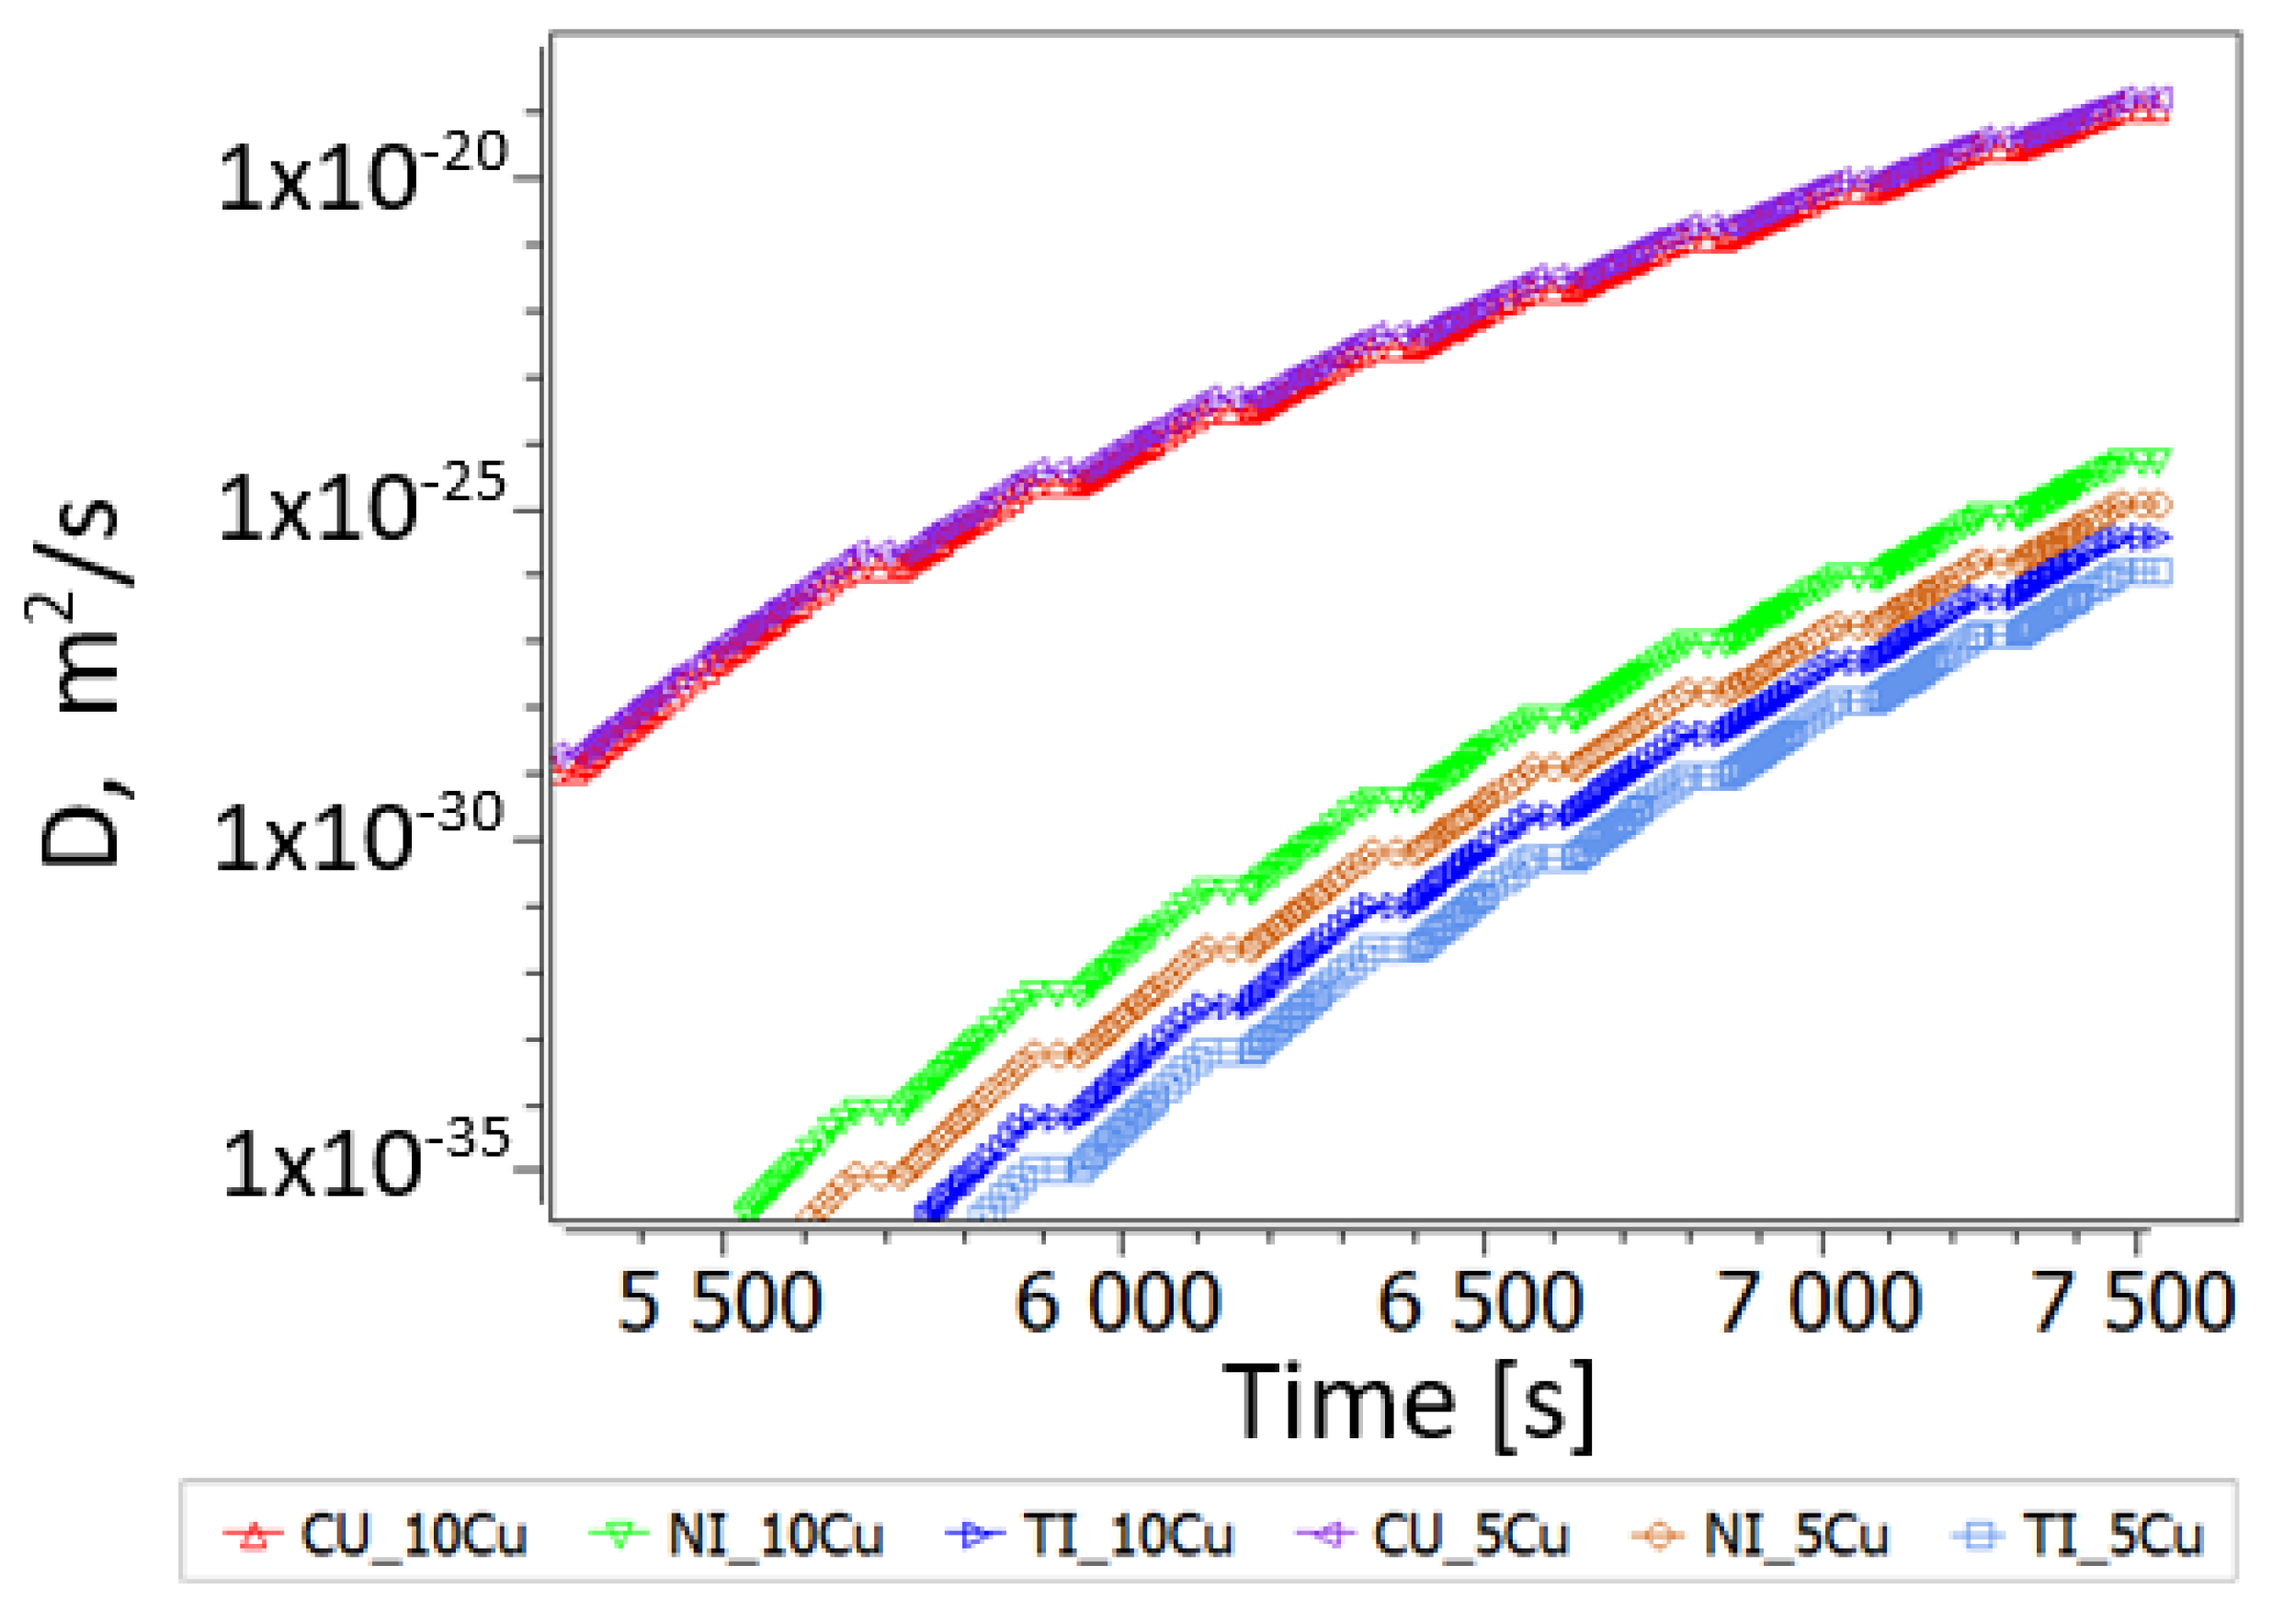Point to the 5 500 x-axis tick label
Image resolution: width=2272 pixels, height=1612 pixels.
720,1303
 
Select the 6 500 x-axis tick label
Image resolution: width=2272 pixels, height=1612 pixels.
1481,1303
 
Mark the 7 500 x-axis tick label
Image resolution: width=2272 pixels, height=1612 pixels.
2133,1303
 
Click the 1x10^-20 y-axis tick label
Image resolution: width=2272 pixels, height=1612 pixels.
362,177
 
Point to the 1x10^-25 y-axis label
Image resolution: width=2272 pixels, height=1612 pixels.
362,509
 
